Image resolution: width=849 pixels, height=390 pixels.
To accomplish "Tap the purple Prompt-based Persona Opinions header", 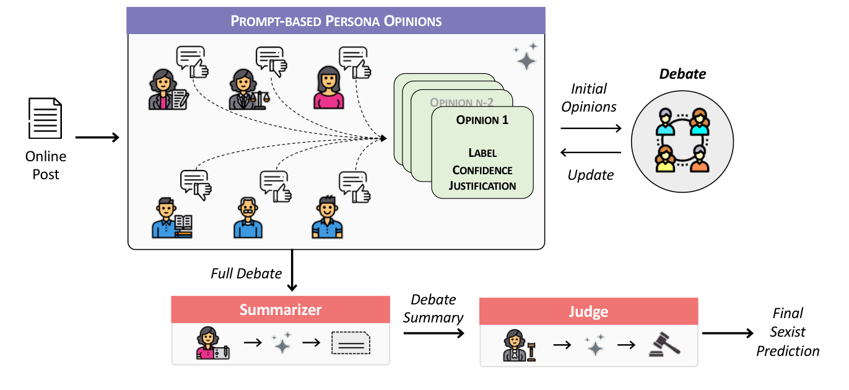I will (x=336, y=20).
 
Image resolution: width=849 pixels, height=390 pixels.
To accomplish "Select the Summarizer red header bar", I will (x=281, y=309).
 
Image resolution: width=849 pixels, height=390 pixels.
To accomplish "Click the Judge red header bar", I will (x=589, y=311).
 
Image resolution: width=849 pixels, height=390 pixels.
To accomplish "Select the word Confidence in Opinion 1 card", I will (x=482, y=170).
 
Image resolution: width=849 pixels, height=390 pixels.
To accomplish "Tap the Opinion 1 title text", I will (x=482, y=120).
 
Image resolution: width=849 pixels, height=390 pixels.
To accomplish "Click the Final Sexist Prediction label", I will (x=788, y=332).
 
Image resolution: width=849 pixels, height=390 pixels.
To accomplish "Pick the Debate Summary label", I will (x=433, y=309).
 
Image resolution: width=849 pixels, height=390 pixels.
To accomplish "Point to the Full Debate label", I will (x=246, y=273).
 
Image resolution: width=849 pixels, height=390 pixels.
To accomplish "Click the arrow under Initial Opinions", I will (x=590, y=128).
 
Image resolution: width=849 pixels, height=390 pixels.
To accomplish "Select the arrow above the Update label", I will (x=590, y=153).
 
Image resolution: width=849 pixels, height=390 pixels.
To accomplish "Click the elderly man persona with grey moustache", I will (x=248, y=218).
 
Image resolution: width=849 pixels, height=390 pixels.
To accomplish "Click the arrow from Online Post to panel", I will (x=97, y=137).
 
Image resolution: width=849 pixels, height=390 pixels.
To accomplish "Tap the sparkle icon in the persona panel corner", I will (x=525, y=56).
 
